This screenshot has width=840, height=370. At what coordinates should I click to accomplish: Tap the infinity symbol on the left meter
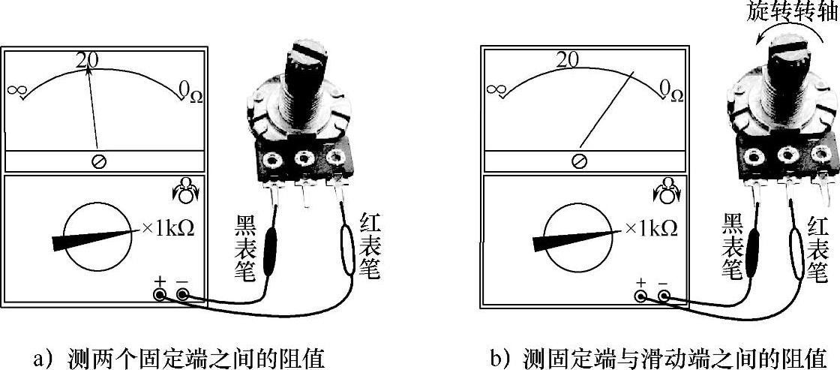tap(17, 90)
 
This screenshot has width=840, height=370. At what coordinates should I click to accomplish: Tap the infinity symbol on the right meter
tap(496, 90)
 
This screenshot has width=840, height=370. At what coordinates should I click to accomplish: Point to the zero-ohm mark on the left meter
tap(187, 91)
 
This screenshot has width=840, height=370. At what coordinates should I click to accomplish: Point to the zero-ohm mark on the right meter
tap(667, 91)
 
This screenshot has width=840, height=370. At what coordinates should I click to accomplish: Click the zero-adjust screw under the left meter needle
tap(98, 161)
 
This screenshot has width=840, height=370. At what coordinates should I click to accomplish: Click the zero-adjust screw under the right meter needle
tap(578, 161)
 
